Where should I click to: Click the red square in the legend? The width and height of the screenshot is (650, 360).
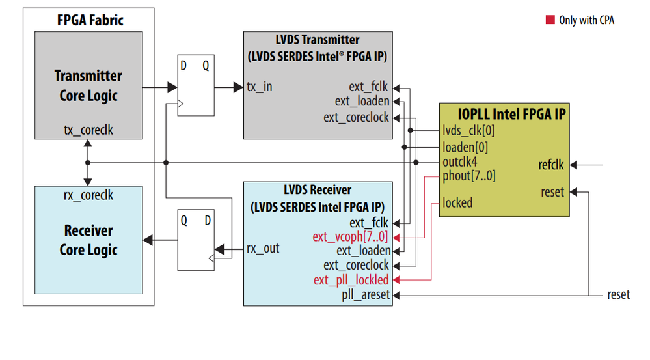click(550, 20)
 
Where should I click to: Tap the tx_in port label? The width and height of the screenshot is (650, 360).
click(259, 87)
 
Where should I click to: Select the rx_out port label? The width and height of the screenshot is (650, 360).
click(263, 248)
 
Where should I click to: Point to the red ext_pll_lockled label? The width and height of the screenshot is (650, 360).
click(351, 281)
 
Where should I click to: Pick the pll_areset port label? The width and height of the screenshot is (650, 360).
click(366, 296)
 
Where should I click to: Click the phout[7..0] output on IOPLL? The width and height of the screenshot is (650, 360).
click(468, 175)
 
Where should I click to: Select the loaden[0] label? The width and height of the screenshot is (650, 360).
click(465, 146)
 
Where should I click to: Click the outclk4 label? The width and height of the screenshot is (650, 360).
click(460, 161)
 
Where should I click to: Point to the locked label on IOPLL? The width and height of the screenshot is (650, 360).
click(457, 202)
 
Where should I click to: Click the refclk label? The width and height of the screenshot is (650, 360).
click(551, 165)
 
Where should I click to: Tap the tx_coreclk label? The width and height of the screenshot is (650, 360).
click(88, 130)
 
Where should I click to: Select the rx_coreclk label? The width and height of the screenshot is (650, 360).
click(88, 194)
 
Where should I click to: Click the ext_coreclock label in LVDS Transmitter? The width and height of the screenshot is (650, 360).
click(357, 118)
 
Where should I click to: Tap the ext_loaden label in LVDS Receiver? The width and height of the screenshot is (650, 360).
click(364, 251)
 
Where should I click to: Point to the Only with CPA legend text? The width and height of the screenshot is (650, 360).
click(586, 20)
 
